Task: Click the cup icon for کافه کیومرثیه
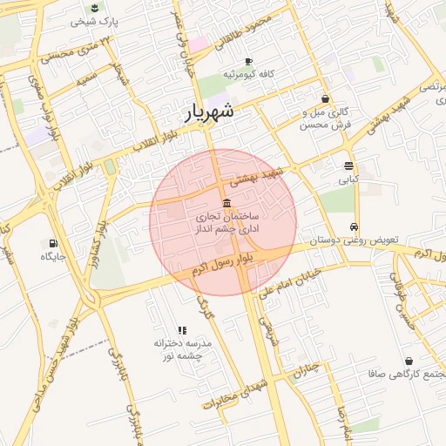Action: [x=248, y=61]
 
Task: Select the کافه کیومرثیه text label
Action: [x=248, y=75]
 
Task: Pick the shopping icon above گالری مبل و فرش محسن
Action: [x=325, y=99]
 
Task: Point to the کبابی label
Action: [x=348, y=179]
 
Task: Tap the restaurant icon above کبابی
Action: [x=348, y=166]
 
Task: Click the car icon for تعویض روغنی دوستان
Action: [x=354, y=226]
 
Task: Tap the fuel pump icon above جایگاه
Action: [x=54, y=243]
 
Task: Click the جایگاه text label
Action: [x=53, y=257]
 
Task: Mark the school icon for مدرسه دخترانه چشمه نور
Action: [x=182, y=330]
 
